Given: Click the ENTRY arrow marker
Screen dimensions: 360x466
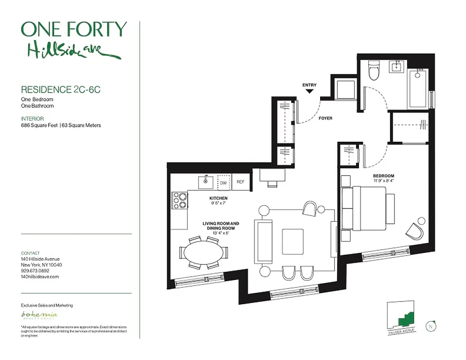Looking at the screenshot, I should [x=309, y=91].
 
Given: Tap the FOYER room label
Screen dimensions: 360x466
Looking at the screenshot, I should [x=325, y=118].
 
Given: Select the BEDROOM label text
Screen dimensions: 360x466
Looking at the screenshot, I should [x=383, y=176].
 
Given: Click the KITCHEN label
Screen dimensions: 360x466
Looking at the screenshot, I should [x=218, y=198].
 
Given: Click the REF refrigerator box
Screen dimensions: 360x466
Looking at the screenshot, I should [x=240, y=182].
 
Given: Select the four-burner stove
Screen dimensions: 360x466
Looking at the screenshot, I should [x=180, y=200].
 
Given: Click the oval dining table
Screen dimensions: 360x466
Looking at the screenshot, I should [x=204, y=253].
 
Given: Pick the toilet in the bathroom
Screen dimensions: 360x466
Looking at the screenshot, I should [x=374, y=71].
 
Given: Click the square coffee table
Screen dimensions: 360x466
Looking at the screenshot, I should [x=293, y=242].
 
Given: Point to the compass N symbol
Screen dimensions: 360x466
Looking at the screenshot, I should [x=431, y=326].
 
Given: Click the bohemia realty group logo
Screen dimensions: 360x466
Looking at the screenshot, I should [x=40, y=315].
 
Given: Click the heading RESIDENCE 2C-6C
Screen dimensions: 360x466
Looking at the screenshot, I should [x=60, y=90].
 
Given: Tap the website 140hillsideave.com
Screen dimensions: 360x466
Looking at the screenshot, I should [x=40, y=277].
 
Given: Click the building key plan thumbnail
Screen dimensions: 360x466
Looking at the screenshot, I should [x=402, y=318].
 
